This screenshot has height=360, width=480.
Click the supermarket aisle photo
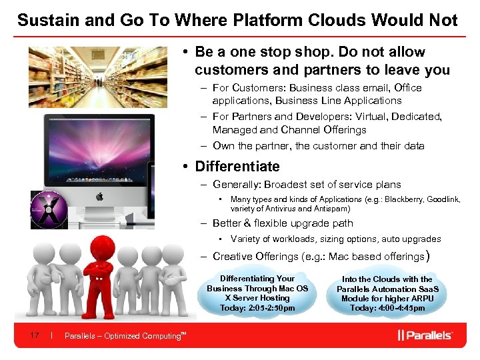tap(97, 77)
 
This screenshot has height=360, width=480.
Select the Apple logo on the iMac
tap(99, 196)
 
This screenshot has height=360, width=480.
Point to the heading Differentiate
tap(237, 167)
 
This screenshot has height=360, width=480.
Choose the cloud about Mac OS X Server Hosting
tap(257, 293)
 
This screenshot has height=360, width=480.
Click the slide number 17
tap(34, 335)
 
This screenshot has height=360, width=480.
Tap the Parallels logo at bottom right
tap(425, 335)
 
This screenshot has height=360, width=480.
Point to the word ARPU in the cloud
tap(421, 298)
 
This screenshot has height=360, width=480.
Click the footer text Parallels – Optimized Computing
tap(123, 335)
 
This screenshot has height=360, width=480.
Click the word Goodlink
tap(443, 199)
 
